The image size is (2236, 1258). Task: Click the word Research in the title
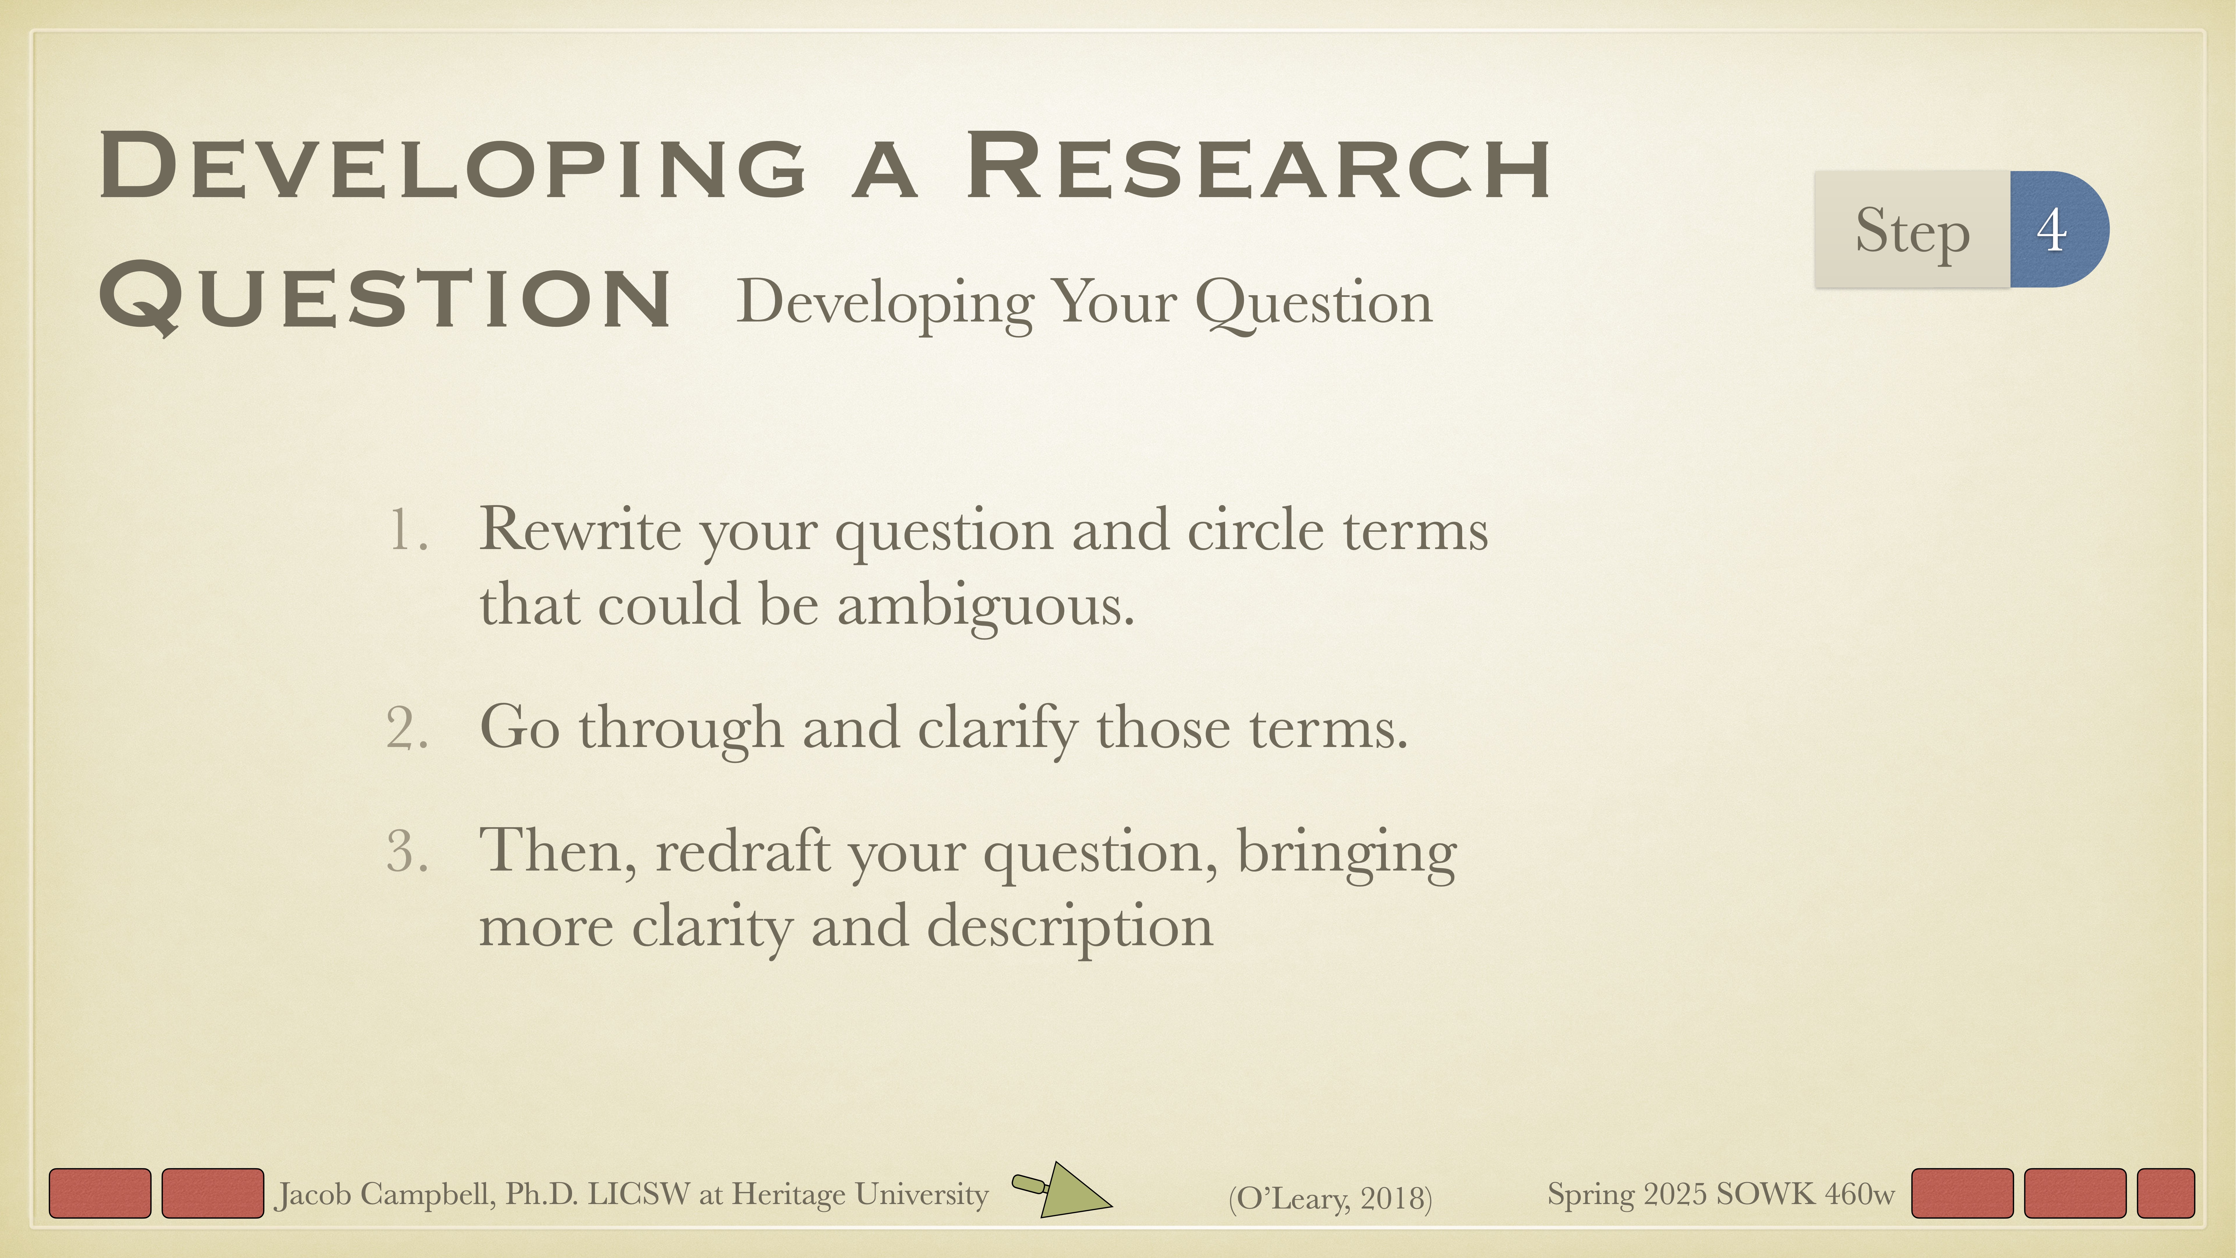[1259, 167]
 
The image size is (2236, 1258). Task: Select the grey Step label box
[1911, 229]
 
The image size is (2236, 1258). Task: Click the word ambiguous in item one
[985, 605]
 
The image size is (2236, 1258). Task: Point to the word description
[1070, 926]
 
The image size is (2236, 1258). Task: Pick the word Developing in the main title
[451, 167]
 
